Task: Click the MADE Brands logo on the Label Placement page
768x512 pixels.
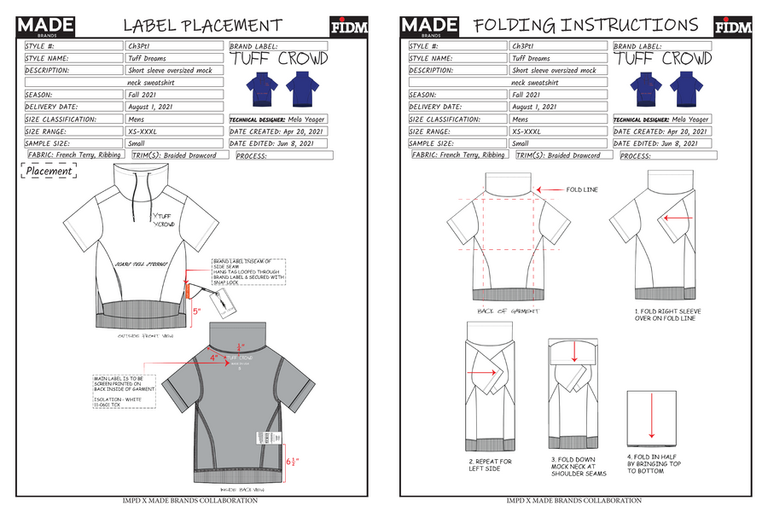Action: click(44, 26)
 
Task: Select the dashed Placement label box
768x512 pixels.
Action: click(49, 172)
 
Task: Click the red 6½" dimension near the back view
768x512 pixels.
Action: click(292, 463)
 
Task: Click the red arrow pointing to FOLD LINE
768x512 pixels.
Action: click(552, 190)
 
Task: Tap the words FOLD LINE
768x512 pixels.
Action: click(583, 190)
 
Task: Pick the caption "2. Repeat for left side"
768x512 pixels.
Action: click(491, 466)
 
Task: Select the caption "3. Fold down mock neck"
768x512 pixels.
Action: click(577, 466)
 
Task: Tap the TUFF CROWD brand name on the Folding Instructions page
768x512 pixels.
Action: click(663, 60)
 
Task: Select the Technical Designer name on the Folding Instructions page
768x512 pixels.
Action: click(690, 119)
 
